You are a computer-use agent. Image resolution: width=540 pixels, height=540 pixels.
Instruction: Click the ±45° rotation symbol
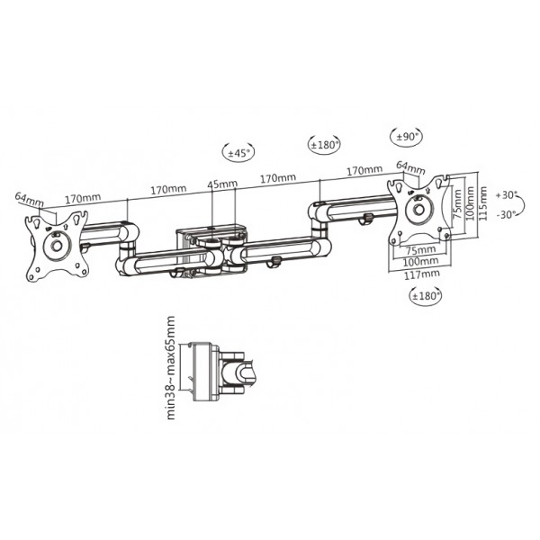pos(238,154)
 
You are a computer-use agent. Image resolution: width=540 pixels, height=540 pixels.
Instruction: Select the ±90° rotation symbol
pos(408,137)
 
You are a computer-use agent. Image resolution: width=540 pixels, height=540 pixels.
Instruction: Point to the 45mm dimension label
pos(222,184)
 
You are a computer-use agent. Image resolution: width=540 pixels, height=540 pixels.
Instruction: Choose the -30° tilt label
pos(507,213)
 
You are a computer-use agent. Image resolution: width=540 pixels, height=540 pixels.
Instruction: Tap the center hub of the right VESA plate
pos(419,210)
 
